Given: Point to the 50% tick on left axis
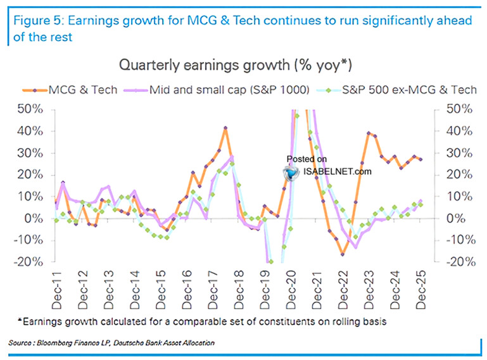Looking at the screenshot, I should (30, 109).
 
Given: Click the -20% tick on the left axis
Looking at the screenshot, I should (28, 261).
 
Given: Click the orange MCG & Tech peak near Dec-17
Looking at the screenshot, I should (225, 128).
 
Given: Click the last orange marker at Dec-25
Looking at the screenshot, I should (421, 159).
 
